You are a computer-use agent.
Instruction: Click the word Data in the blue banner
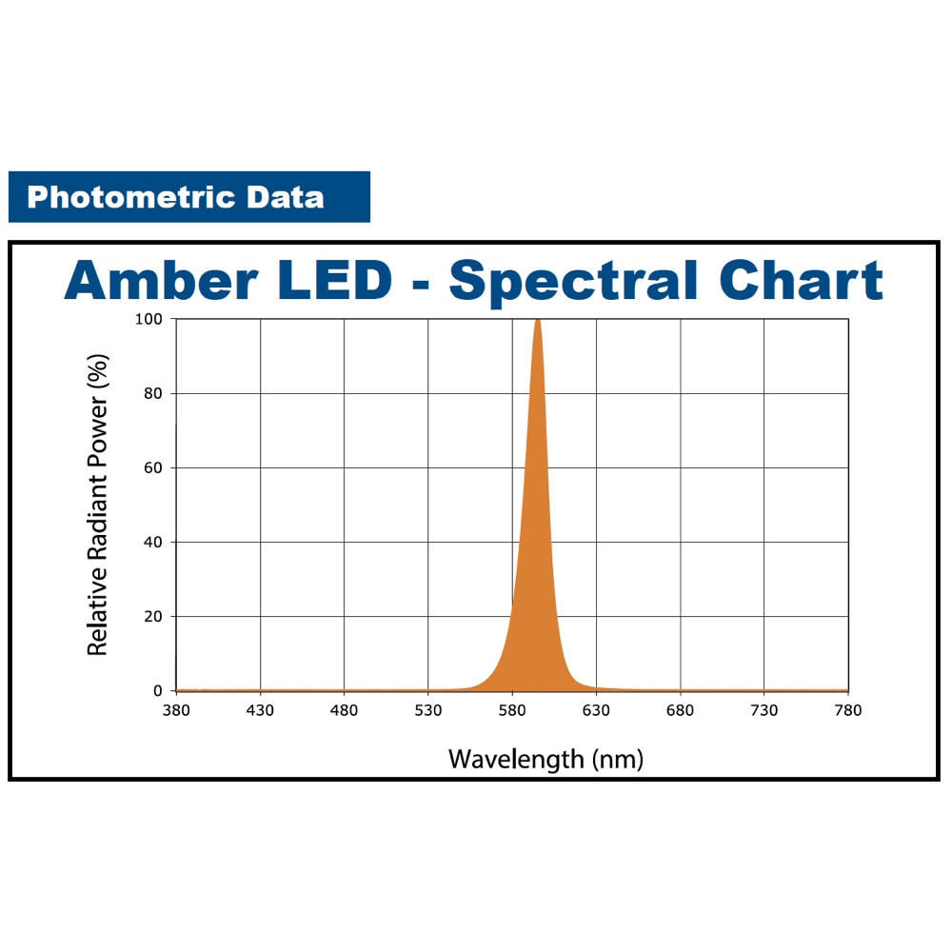[285, 198]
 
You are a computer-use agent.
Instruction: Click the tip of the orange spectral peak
[538, 321]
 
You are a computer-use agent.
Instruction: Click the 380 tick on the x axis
[176, 710]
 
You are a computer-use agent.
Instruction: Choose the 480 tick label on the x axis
[344, 710]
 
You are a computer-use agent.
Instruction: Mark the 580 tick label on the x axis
[512, 710]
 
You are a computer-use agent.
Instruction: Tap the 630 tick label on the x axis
[596, 710]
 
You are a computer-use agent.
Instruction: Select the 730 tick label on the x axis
[764, 710]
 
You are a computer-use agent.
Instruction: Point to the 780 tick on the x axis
[847, 710]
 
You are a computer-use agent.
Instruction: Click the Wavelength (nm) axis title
[545, 759]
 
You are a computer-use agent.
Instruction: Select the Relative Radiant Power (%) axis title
[97, 505]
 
